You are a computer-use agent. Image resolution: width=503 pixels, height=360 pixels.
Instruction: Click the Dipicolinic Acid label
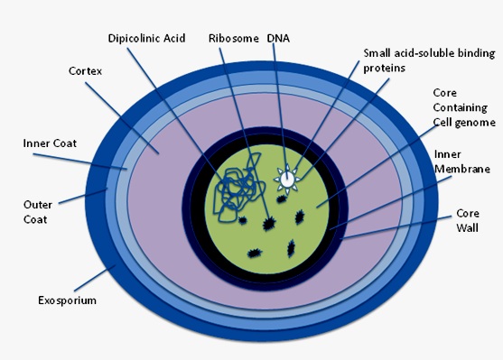pos(146,39)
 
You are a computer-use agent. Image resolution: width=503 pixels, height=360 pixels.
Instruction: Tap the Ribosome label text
pos(234,39)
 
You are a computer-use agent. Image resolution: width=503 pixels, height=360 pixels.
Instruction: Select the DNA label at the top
pos(278,39)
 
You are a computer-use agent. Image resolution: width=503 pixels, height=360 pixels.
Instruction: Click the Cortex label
pos(85,71)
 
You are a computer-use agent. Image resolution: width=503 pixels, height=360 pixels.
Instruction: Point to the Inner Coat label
pos(50,143)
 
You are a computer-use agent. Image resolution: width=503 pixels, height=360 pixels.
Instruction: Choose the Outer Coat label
pos(38,212)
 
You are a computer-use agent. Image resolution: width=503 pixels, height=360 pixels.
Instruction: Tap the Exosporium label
pos(67,300)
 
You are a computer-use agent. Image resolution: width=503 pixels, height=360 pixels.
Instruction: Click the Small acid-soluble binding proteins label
pos(429,60)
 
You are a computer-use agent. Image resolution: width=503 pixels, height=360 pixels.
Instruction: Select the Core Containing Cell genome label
pos(464,107)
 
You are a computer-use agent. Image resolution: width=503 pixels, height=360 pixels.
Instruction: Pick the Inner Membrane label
pos(462,162)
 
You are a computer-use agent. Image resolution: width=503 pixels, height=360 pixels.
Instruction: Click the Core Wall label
pos(468,220)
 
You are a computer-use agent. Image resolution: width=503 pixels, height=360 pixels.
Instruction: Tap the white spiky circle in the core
pos(287,180)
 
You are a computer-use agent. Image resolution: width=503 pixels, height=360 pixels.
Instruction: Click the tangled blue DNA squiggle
pos(240,188)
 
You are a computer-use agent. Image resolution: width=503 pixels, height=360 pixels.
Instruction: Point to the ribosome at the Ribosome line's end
pos(269,223)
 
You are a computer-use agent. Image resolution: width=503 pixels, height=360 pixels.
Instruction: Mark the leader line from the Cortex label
pos(122,118)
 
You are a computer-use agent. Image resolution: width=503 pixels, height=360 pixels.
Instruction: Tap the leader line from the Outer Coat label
pos(83,196)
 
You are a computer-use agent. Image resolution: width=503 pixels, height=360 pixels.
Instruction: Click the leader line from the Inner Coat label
pos(80,162)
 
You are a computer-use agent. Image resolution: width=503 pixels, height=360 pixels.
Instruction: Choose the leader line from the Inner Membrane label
pos(391,203)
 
